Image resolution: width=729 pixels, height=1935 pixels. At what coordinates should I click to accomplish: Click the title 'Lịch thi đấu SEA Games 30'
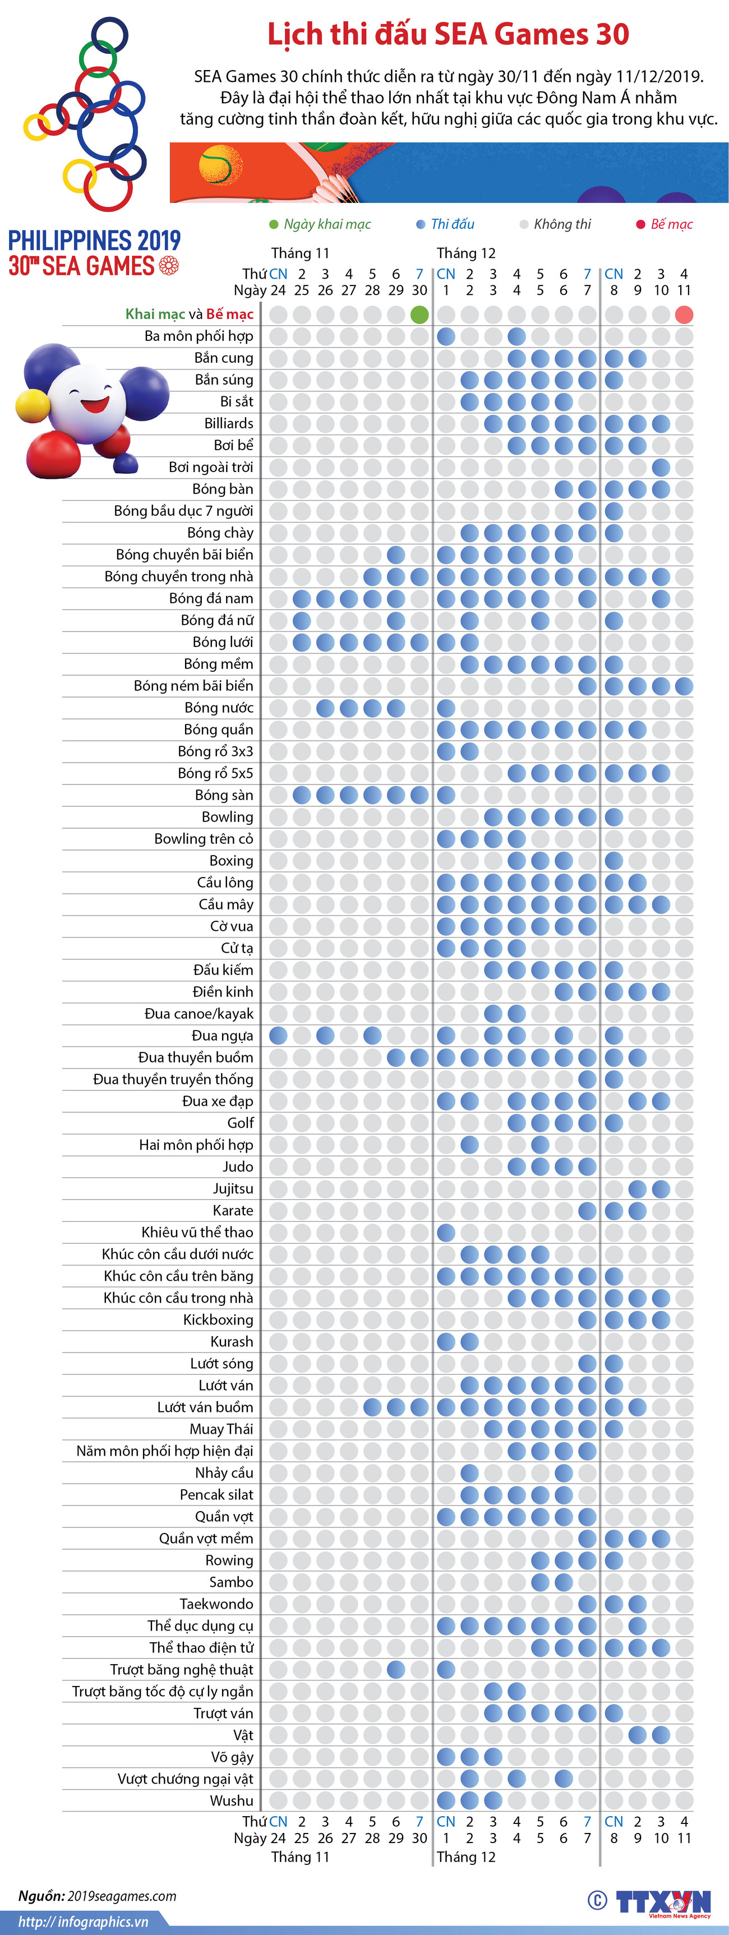448,35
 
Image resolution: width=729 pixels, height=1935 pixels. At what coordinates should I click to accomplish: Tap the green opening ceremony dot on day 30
419,315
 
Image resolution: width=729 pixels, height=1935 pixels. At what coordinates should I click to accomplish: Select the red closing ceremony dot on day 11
684,315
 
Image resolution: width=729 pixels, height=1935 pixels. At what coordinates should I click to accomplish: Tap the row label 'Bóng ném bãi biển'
193,686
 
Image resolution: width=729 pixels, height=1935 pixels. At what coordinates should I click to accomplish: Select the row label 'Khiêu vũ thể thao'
197,1232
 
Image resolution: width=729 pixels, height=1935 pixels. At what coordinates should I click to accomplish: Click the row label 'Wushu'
232,1800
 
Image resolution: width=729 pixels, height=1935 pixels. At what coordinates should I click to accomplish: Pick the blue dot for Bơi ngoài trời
661,467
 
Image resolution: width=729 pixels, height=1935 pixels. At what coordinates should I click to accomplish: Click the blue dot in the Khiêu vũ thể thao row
446,1232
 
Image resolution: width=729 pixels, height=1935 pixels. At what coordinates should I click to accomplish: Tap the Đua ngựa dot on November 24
278,1035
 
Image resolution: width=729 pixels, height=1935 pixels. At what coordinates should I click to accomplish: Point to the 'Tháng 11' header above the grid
300,253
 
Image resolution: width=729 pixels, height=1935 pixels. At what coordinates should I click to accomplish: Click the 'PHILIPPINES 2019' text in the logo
94,241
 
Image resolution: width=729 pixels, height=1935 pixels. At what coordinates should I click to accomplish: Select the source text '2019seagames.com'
122,1896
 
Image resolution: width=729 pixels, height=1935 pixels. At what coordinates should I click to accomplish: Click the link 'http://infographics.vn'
82,1922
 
